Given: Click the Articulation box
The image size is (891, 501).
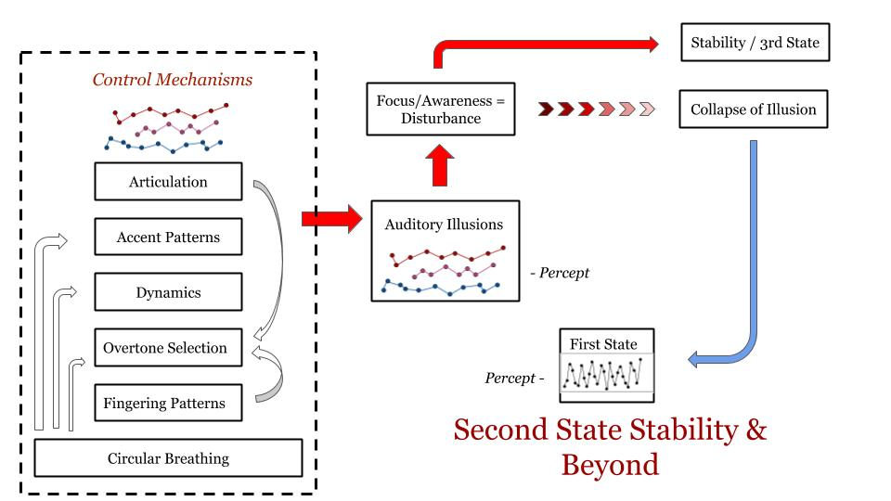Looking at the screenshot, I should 168,182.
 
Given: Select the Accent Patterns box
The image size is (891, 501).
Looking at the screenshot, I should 168,238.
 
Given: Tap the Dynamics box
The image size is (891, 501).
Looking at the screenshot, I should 168,292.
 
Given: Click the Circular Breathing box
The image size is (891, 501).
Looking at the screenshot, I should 168,458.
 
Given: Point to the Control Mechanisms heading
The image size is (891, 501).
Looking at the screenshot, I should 172,80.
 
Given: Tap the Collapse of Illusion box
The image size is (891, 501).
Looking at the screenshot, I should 753,109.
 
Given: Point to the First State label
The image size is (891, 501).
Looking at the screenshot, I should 603,344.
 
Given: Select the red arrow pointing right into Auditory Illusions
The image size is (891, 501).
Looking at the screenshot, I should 330,220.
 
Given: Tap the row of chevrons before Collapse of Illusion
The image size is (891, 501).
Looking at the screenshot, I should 595,109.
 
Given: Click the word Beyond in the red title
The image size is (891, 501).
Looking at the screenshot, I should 611,463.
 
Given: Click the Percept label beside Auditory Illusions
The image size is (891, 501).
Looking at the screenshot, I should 559,274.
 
